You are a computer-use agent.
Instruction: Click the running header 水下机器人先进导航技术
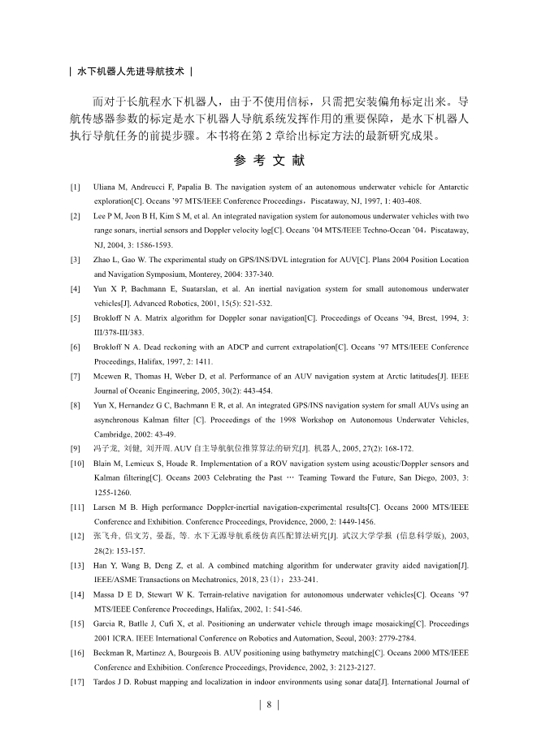click(x=132, y=71)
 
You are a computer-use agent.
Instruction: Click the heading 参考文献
click(x=268, y=161)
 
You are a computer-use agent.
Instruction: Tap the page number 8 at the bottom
click(x=268, y=704)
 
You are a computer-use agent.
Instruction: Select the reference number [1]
click(x=75, y=188)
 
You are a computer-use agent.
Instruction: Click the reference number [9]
click(x=75, y=448)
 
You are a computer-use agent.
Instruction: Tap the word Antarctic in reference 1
click(x=450, y=188)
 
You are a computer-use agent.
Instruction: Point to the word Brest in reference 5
click(x=419, y=317)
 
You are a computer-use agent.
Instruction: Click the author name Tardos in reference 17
click(x=108, y=680)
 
